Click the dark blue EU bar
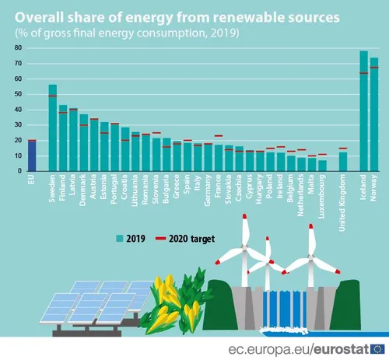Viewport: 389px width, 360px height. point(32,156)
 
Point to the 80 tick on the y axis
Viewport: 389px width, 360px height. point(16,48)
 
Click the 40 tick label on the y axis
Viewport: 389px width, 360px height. point(16,110)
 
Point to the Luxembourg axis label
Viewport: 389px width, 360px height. point(322,192)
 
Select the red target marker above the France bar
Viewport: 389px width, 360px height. point(219,136)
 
